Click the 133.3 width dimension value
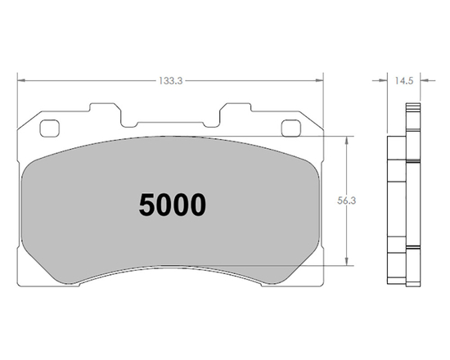click(x=170, y=80)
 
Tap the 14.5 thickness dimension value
click(x=403, y=80)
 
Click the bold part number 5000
click(x=172, y=205)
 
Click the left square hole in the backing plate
click(x=48, y=128)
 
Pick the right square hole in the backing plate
click(x=291, y=128)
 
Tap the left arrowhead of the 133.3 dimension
click(x=21, y=80)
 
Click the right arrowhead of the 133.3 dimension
click(x=320, y=80)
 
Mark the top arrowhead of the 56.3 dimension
click(x=349, y=138)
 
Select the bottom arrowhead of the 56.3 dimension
click(x=349, y=263)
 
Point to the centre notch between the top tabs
click(x=171, y=123)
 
